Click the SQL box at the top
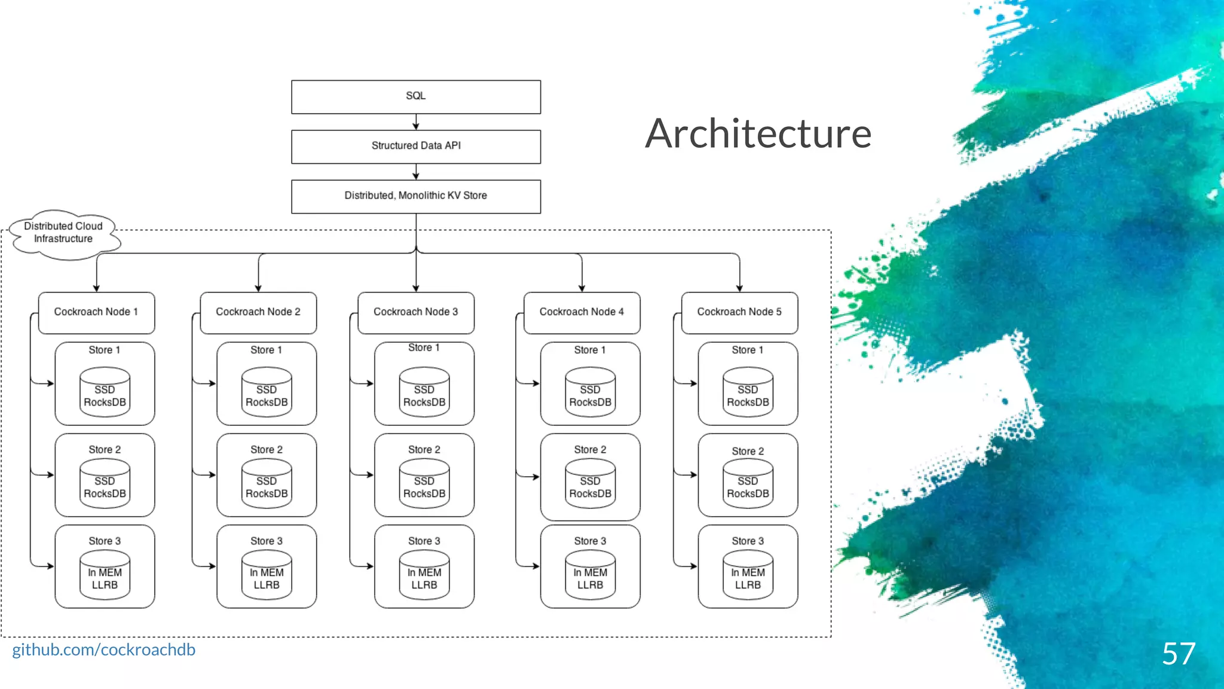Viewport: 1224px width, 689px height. tap(416, 97)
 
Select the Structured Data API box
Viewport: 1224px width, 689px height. tap(416, 147)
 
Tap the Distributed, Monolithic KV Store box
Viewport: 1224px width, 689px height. tap(416, 196)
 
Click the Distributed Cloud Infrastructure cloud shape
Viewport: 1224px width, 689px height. tap(64, 233)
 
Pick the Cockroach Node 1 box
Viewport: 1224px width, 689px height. tap(96, 312)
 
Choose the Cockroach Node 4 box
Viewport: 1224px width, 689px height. tap(582, 312)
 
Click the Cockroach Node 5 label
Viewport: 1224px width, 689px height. tap(739, 312)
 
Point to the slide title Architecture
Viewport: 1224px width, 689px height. tap(758, 133)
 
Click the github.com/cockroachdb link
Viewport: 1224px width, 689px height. tap(103, 650)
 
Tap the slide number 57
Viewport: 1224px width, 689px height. tap(1178, 653)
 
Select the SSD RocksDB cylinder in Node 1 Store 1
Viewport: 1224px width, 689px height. tap(105, 392)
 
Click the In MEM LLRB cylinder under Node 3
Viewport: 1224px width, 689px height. tap(424, 575)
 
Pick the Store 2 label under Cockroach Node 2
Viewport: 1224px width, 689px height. tap(267, 450)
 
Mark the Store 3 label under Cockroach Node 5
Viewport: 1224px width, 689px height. tap(748, 541)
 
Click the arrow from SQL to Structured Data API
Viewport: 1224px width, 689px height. tap(416, 122)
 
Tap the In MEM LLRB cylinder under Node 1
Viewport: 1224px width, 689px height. tap(105, 575)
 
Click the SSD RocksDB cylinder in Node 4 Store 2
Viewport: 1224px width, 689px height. tap(590, 484)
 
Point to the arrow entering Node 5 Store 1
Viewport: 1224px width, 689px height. tap(687, 383)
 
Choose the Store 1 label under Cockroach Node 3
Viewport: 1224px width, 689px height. tap(424, 348)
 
